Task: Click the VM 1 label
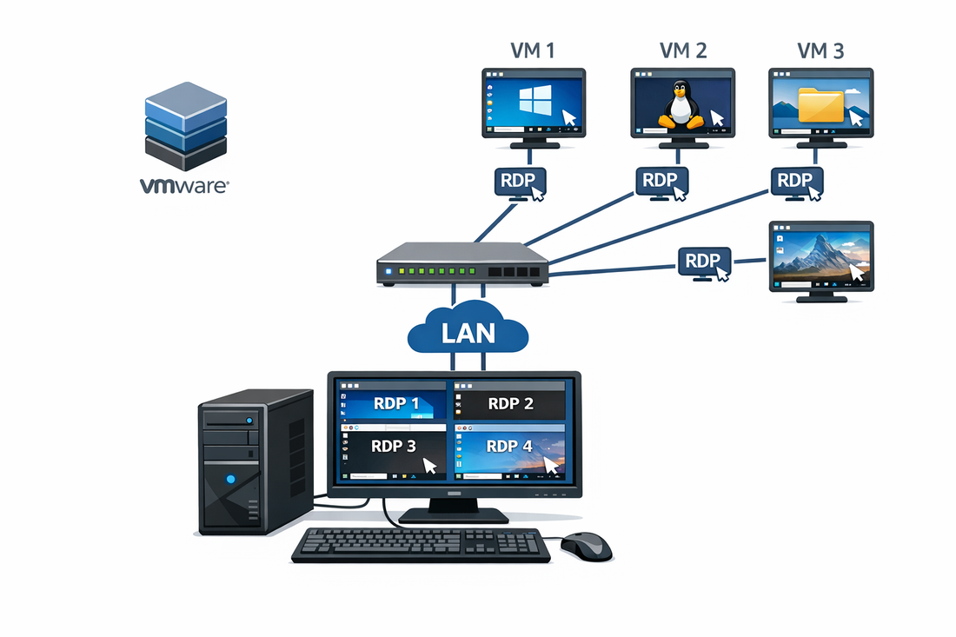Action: [534, 51]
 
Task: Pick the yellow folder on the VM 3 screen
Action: [821, 104]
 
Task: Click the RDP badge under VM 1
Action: [520, 182]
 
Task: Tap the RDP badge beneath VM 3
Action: [795, 182]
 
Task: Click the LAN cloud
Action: [468, 331]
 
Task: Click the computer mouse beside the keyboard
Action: [587, 546]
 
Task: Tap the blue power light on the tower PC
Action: [229, 478]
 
